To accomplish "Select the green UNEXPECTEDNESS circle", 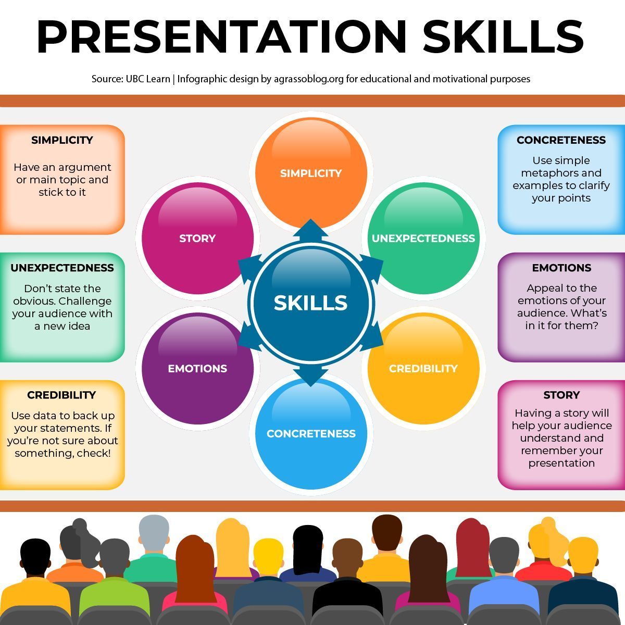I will (x=423, y=239).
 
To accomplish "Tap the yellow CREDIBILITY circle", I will (x=423, y=368).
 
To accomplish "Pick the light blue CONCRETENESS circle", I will (x=311, y=433).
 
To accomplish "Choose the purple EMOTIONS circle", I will (x=197, y=368).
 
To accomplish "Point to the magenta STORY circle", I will (x=197, y=239).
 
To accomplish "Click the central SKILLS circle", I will (x=311, y=303).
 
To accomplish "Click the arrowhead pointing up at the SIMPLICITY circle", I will (x=311, y=228).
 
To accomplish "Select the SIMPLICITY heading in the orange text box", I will (x=62, y=140).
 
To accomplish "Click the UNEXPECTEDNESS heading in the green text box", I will (x=62, y=268).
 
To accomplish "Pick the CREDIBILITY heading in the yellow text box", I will (x=62, y=395).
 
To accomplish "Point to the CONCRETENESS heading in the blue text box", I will (x=561, y=140).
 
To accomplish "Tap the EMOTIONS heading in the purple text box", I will (x=561, y=268).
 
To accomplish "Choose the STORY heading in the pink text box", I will (x=561, y=395).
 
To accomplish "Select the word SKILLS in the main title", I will (x=503, y=36).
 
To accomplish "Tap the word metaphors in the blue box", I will (x=561, y=173).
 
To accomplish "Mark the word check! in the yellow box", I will (x=94, y=453).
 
